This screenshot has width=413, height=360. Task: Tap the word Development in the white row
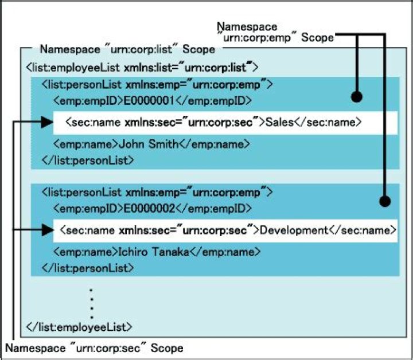[x=293, y=230]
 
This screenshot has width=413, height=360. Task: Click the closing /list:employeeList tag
[x=80, y=327]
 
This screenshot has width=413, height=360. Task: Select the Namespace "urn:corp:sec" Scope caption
[x=95, y=348]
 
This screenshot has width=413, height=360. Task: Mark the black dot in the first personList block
[x=357, y=97]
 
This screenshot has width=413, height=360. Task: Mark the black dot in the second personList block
[x=385, y=201]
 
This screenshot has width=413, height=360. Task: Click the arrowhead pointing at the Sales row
[x=48, y=122]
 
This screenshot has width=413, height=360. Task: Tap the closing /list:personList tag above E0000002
[x=88, y=160]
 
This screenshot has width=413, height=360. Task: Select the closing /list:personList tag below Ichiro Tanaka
[x=88, y=267]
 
